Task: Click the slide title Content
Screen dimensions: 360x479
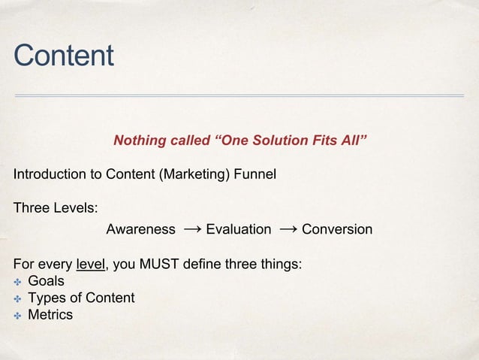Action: (x=63, y=56)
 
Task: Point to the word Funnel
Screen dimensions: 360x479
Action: (x=255, y=174)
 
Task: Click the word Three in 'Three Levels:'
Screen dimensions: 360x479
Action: (x=30, y=208)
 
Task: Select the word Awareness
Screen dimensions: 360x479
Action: (x=140, y=229)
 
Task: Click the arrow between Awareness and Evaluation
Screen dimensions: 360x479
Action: (x=191, y=228)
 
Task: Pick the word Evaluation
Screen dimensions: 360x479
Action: (x=238, y=229)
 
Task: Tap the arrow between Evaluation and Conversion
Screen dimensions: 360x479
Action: (x=287, y=228)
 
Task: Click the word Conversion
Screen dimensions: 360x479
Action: (x=336, y=229)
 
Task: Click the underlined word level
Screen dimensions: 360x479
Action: (x=91, y=265)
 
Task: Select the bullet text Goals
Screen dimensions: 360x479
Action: (x=46, y=281)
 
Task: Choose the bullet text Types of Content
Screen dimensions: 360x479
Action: (x=81, y=298)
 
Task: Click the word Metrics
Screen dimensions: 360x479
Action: (x=50, y=314)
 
